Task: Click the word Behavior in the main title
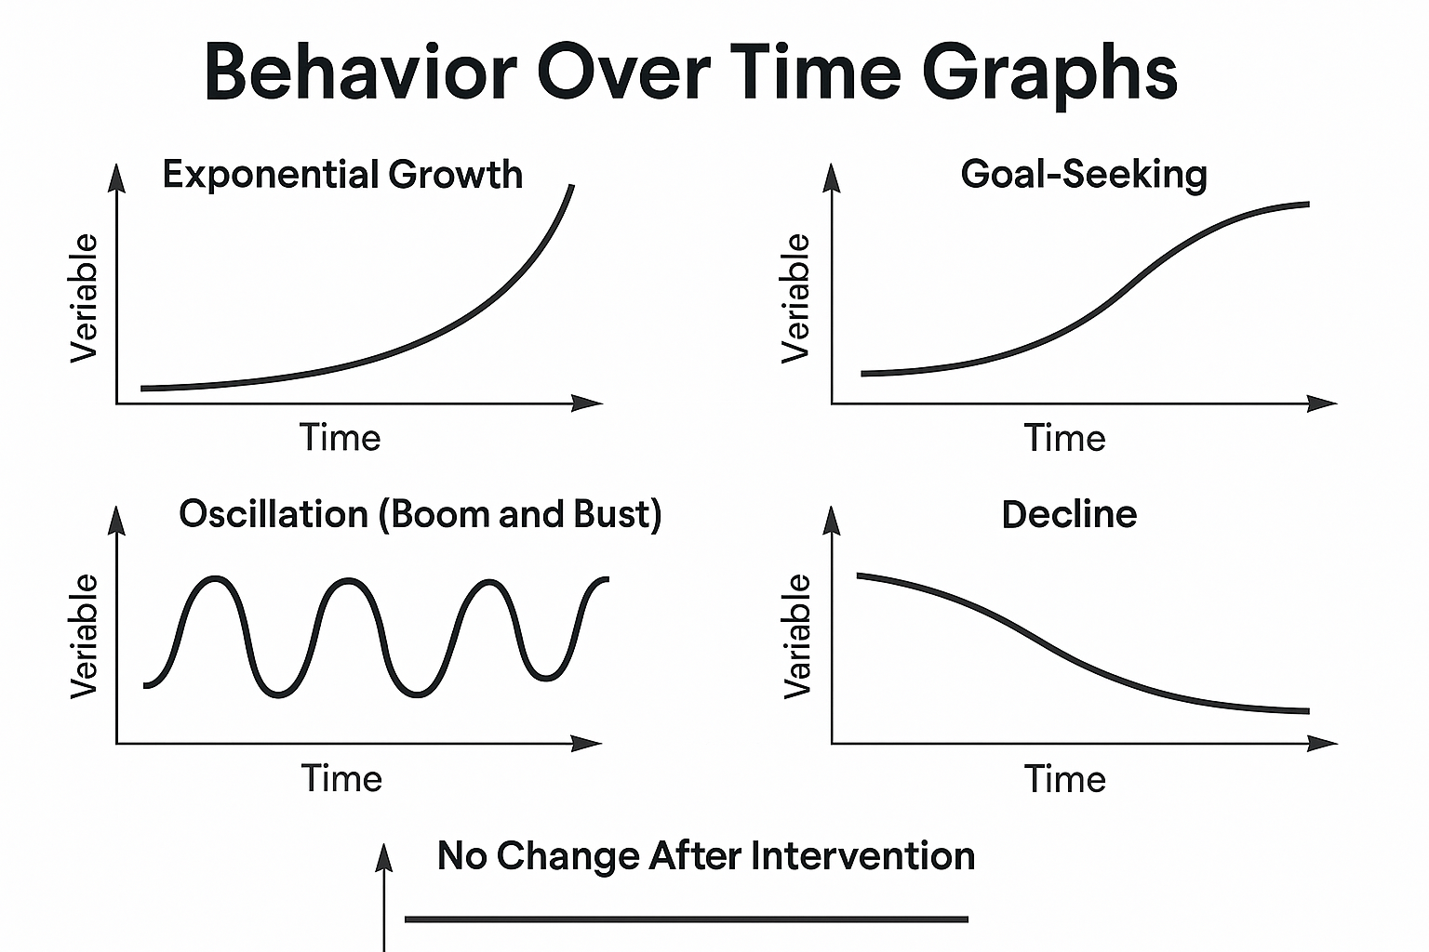tap(359, 73)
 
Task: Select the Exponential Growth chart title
tap(341, 175)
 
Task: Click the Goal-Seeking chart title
tap(1083, 175)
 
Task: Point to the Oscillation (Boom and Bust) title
tap(420, 514)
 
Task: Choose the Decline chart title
tap(1069, 514)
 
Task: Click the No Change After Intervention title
tap(705, 855)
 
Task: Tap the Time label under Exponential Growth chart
tap(340, 438)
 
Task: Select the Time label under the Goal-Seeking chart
tap(1064, 438)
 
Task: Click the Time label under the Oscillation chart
tap(341, 778)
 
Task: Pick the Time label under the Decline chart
tap(1064, 778)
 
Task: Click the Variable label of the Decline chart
tap(797, 636)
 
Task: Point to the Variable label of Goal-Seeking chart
tap(796, 297)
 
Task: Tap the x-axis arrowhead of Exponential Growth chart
tap(589, 403)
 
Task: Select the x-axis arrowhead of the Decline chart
tap(1323, 743)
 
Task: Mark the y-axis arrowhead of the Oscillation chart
tap(116, 517)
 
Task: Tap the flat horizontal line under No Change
tap(687, 919)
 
